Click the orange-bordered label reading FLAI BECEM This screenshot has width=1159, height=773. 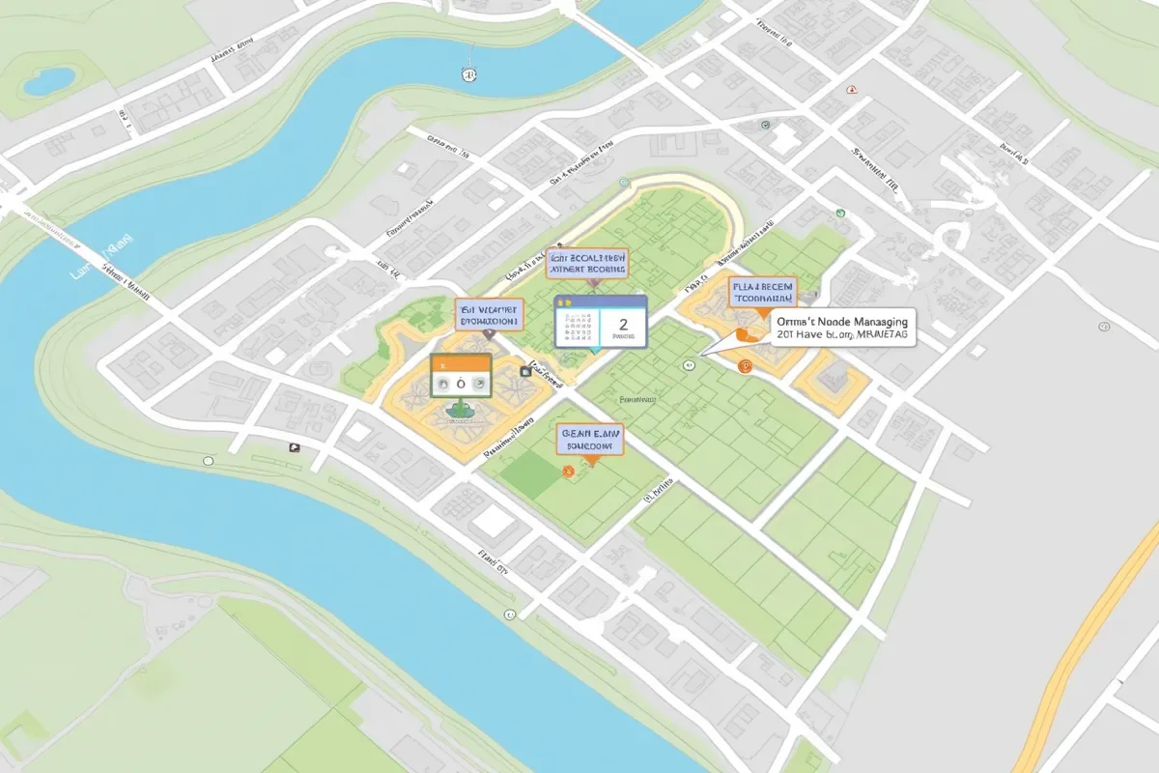(763, 291)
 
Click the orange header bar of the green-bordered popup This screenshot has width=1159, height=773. (461, 362)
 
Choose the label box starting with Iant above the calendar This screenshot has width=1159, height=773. (587, 263)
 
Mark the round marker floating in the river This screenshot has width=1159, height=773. (468, 73)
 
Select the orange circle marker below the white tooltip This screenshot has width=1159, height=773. (744, 366)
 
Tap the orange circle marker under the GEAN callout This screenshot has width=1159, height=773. (567, 471)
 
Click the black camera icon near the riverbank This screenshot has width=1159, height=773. (294, 447)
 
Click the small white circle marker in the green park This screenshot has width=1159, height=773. (687, 365)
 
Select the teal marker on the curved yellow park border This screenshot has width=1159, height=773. (624, 181)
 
